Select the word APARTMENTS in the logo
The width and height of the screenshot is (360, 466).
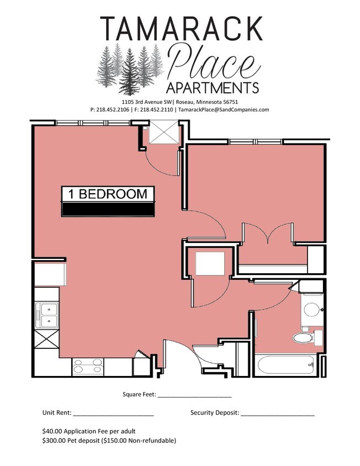pos(212,88)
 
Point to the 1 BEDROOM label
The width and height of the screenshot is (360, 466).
pos(108,194)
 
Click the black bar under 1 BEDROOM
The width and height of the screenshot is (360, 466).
pos(108,209)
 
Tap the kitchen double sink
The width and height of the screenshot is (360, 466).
pos(46,315)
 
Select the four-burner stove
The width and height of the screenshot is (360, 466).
pos(88,367)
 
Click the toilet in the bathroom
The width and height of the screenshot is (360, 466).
pos(303,337)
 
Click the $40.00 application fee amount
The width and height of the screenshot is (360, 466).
pos(52,431)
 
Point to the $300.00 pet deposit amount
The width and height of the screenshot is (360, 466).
pos(54,441)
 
